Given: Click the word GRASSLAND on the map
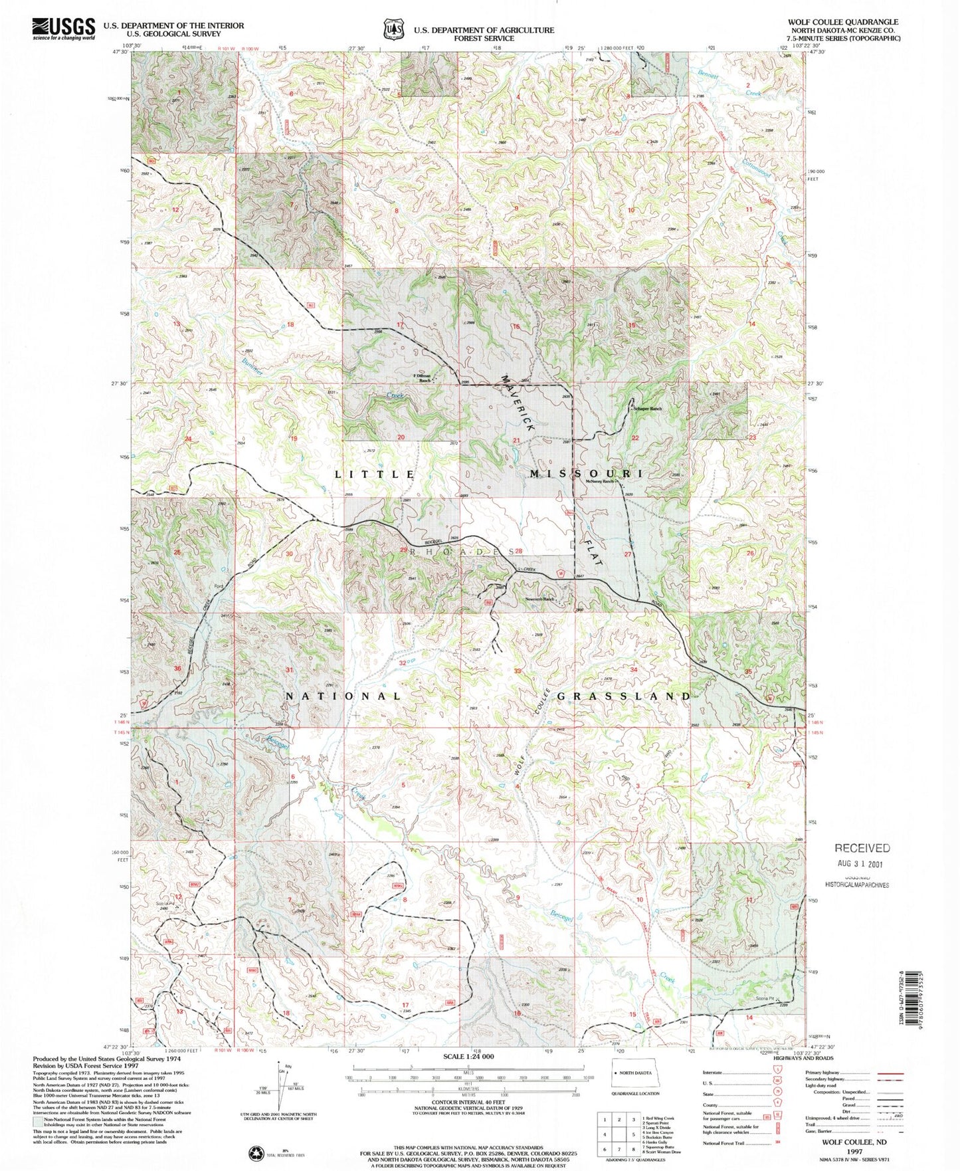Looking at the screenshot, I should pos(624,696).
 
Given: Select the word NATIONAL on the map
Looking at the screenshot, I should pos(343,696).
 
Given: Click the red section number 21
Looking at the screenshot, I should pos(516,441).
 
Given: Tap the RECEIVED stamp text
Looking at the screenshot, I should pos(862,848).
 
